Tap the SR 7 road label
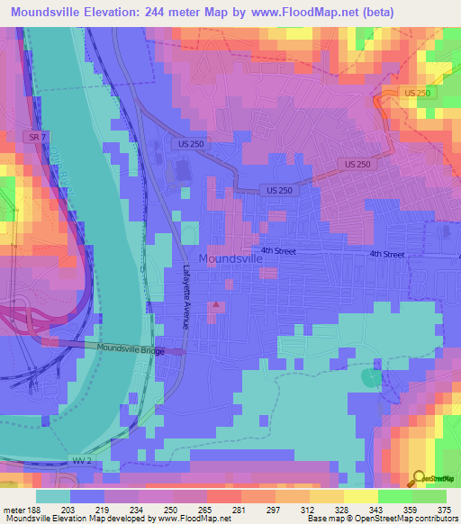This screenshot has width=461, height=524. tap(32, 135)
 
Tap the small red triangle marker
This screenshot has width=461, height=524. tap(216, 306)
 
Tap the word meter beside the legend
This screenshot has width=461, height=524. tap(13, 510)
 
